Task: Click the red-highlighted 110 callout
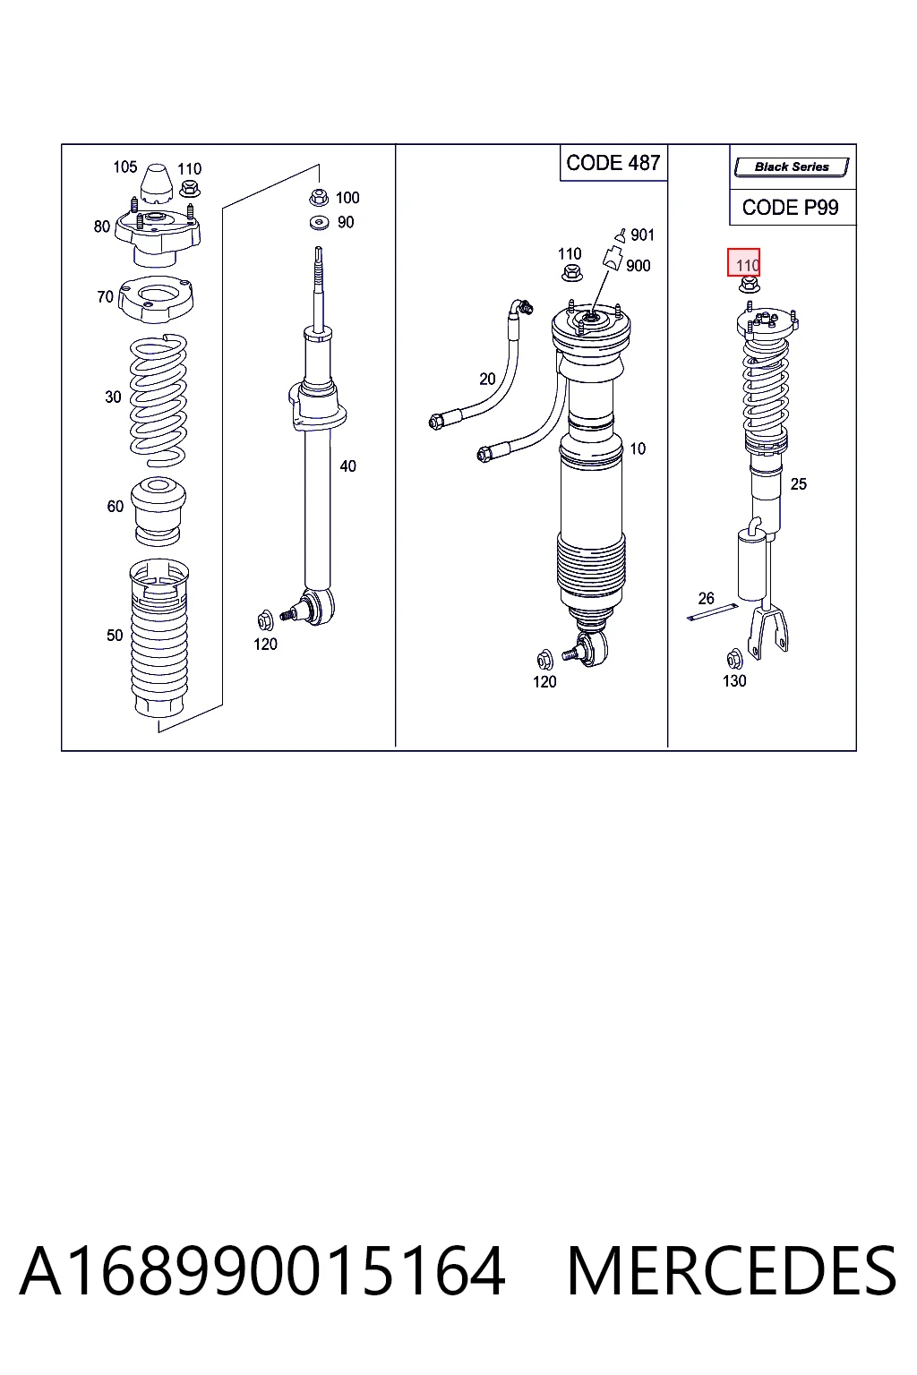pos(743,262)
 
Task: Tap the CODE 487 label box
pos(613,163)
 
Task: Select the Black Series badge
pos(792,167)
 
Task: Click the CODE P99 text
pos(790,208)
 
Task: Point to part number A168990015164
pos(262,1271)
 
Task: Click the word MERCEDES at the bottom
pos(732,1271)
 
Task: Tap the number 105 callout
pos(124,167)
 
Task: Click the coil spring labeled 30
pos(159,400)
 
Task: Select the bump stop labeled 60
pos(159,512)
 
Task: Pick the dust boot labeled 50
pos(159,638)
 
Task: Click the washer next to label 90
pos(320,222)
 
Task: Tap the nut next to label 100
pos(318,198)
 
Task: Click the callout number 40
pos(347,466)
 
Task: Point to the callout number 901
pos(642,235)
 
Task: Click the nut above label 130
pos(734,659)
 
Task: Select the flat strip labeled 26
pos(712,612)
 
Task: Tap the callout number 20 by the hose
pos(487,380)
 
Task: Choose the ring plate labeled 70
pos(156,300)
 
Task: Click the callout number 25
pos(799,484)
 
